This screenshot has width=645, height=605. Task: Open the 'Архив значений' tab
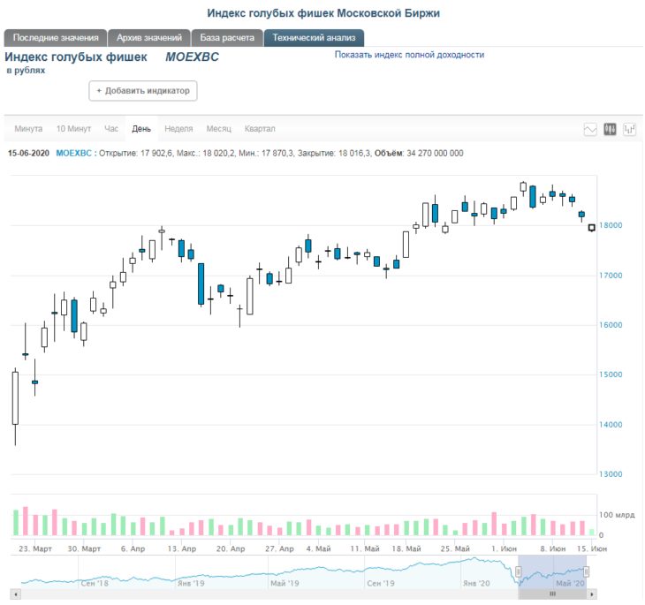(149, 38)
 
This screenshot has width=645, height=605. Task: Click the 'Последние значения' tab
(56, 38)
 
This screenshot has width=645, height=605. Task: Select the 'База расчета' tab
(227, 38)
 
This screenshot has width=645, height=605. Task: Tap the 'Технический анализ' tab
(314, 38)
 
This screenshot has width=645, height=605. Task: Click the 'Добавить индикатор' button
(143, 91)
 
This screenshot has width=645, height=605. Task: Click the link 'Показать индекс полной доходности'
(409, 55)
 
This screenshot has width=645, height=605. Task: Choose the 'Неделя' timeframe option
(178, 129)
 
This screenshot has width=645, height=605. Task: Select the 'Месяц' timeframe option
(219, 129)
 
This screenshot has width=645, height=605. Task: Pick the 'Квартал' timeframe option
(260, 129)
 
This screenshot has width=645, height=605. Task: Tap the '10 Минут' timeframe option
(73, 129)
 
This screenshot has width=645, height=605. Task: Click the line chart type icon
(590, 130)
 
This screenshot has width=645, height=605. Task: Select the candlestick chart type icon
(610, 130)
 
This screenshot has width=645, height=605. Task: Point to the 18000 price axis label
(611, 225)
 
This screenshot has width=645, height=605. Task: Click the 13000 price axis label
(611, 474)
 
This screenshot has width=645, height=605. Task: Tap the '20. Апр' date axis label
(231, 548)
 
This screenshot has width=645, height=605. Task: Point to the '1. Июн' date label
(504, 548)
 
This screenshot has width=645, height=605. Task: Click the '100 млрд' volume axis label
(617, 515)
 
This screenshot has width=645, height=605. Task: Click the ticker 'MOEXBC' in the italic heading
(192, 57)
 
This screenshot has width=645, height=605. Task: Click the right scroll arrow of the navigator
(592, 594)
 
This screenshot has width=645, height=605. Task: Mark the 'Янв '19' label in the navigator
(191, 584)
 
